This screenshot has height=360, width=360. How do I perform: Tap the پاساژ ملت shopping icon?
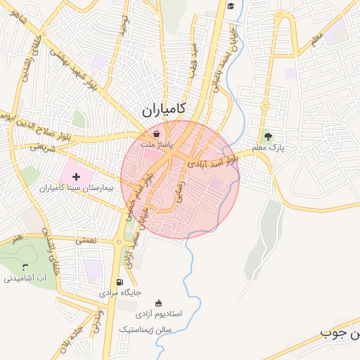(156, 133)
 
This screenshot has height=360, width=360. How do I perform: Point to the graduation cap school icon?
(231, 6)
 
